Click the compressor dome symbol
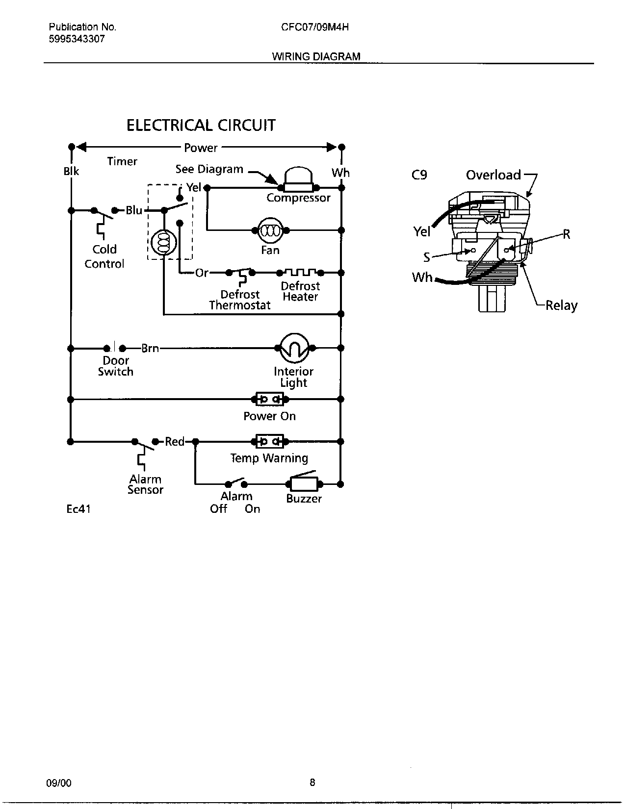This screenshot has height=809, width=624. pos(298,179)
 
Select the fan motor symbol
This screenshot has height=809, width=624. pos(270,230)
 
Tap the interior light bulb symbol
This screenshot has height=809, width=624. pos(294,348)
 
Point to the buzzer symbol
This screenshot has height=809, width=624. pos(304,484)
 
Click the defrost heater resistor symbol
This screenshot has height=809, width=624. pos(300,272)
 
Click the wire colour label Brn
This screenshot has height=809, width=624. pos(150,348)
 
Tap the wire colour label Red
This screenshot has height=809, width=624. pos(174,442)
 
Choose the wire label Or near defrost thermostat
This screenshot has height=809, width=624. pos(202,273)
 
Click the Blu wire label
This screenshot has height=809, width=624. pos(133,210)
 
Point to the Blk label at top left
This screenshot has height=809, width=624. pos(71,172)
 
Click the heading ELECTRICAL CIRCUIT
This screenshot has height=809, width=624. pos(201,126)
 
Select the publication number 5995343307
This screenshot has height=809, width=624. pos(77,39)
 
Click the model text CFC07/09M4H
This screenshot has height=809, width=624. pos(315,27)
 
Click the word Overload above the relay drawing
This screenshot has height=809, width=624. pos(493,175)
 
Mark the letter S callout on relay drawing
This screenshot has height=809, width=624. pos(427,256)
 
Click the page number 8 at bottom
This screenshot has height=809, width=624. pos(312,783)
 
